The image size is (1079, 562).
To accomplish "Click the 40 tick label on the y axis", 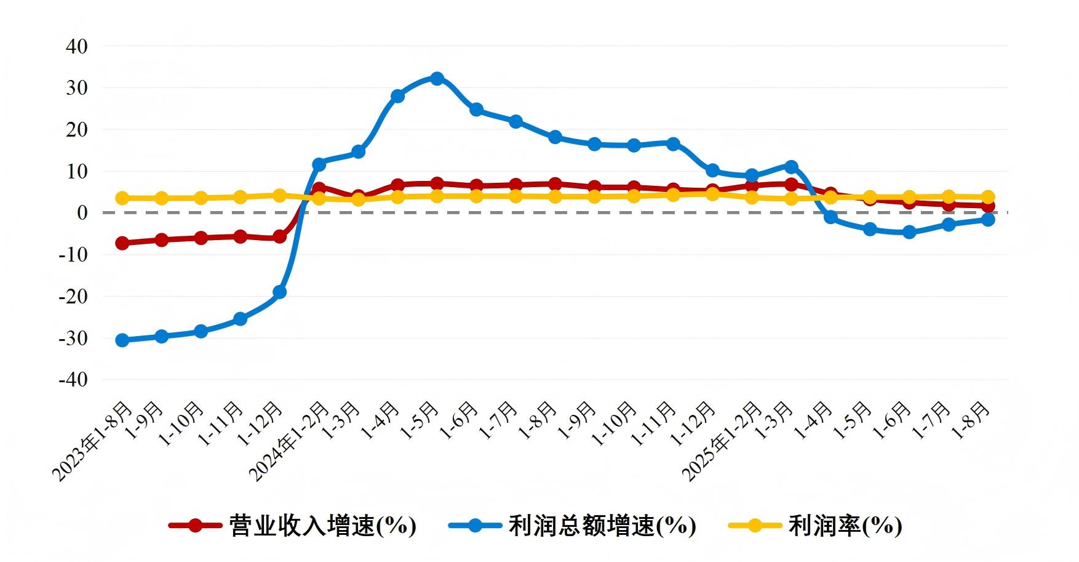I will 76,46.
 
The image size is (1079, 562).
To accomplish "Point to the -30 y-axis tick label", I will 73,338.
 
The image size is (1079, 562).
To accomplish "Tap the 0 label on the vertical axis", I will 82,213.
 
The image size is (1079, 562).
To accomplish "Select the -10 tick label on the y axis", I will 73,254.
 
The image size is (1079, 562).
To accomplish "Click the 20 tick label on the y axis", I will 76,130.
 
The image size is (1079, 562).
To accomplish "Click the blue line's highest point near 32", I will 437,79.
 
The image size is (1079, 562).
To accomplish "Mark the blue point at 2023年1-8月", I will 122,340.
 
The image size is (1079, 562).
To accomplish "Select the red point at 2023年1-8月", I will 122,243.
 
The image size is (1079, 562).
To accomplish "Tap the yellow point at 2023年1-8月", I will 122,198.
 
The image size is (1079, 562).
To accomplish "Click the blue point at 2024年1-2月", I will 319,164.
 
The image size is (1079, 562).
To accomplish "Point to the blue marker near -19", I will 279,292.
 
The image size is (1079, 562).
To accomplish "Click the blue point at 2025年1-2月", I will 752,175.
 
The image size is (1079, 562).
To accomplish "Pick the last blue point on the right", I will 988,220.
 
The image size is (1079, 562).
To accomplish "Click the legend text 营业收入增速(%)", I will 322,526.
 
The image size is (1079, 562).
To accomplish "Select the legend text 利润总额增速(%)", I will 602,526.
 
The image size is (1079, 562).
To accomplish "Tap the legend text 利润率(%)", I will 845,526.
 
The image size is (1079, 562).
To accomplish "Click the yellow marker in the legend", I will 755,526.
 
